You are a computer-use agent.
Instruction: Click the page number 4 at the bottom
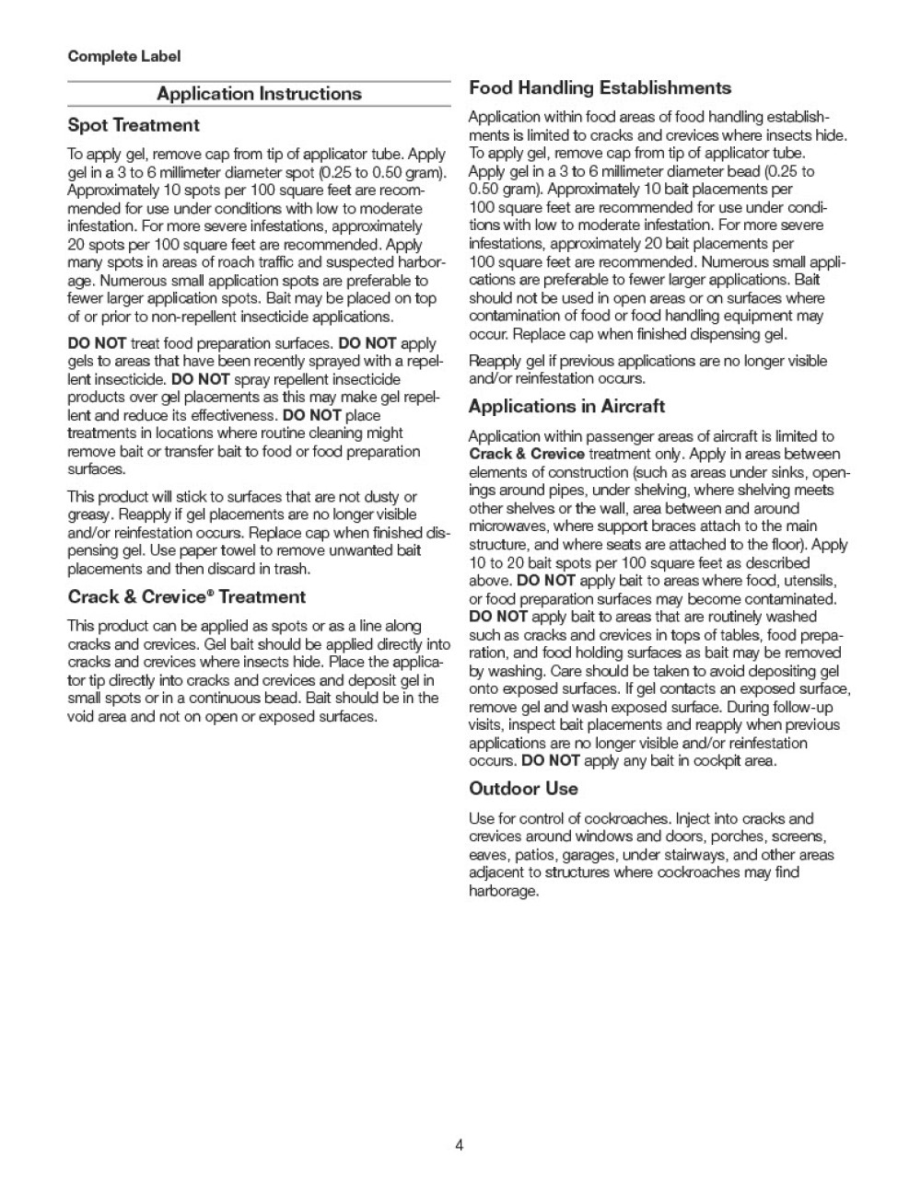tap(459, 1145)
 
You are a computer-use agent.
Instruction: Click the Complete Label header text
tap(124, 56)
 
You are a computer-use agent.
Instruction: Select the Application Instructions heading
tap(259, 94)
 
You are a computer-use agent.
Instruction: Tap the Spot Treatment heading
tap(134, 125)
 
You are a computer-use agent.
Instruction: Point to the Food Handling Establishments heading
tap(600, 88)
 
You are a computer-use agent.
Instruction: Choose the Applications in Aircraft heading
tap(566, 407)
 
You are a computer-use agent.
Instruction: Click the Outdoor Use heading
tap(523, 789)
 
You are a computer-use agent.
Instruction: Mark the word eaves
tap(487, 855)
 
